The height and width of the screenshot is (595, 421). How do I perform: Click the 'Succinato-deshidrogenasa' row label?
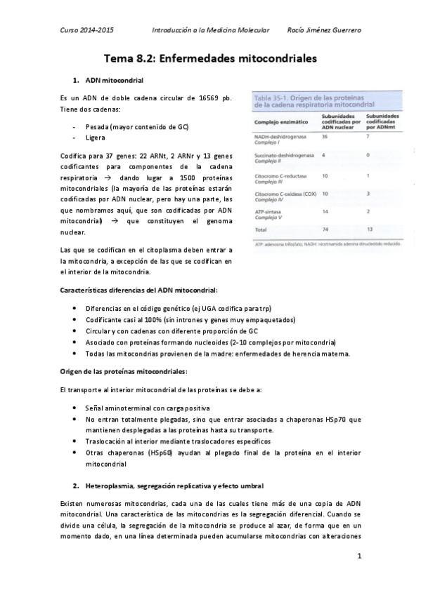(x=280, y=154)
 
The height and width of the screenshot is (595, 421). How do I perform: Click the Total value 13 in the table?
(x=370, y=229)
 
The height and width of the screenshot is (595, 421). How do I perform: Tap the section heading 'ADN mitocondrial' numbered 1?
(x=114, y=81)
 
